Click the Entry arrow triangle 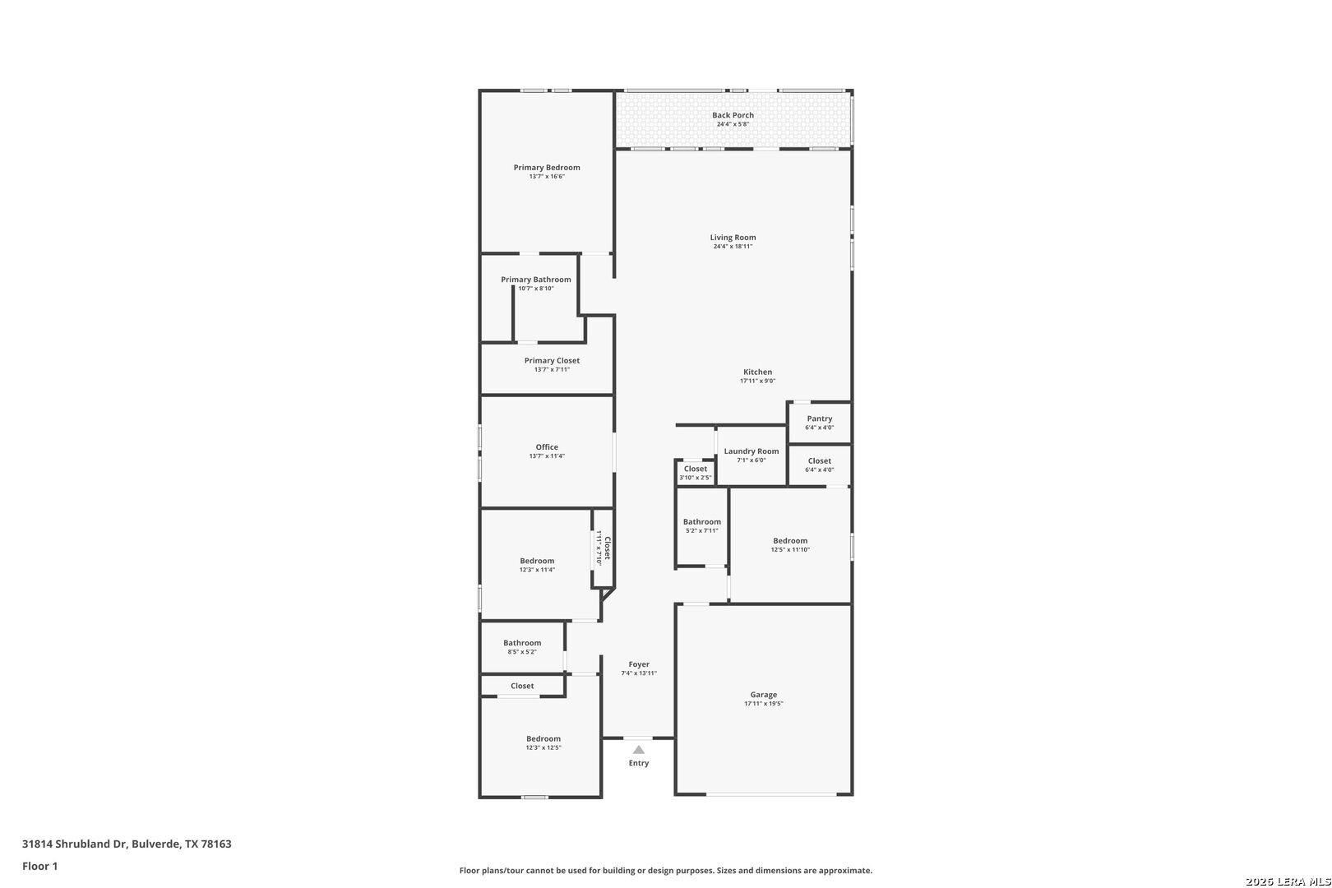pyautogui.click(x=638, y=749)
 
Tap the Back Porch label pyautogui.click(x=733, y=115)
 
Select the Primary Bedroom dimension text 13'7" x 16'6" pyautogui.click(x=547, y=177)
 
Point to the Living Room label pyautogui.click(x=733, y=238)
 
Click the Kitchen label pyautogui.click(x=757, y=372)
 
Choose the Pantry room pyautogui.click(x=820, y=423)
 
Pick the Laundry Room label pyautogui.click(x=751, y=451)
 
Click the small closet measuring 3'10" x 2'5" pyautogui.click(x=695, y=472)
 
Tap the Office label pyautogui.click(x=547, y=447)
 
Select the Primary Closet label pyautogui.click(x=552, y=360)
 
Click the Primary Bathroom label pyautogui.click(x=536, y=280)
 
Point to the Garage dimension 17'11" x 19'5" pyautogui.click(x=764, y=704)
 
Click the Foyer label pyautogui.click(x=639, y=664)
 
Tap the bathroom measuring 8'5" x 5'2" pyautogui.click(x=522, y=647)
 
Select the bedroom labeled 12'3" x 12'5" pyautogui.click(x=540, y=747)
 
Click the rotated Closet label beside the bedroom pyautogui.click(x=607, y=548)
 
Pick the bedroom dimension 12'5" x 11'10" pyautogui.click(x=790, y=549)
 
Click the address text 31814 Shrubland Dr pyautogui.click(x=74, y=844)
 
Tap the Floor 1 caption pyautogui.click(x=39, y=866)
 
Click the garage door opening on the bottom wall pyautogui.click(x=771, y=794)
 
